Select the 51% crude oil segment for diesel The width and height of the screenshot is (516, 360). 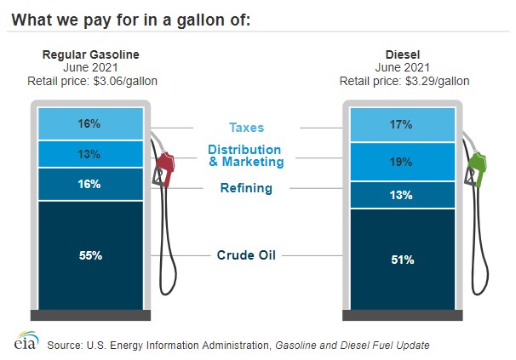click(x=401, y=260)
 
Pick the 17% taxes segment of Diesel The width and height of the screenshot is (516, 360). click(x=401, y=125)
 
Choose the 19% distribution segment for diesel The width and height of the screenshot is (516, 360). click(x=401, y=162)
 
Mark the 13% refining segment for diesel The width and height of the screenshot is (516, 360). click(x=401, y=195)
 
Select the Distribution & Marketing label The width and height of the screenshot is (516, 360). click(x=246, y=157)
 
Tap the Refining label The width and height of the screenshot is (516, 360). click(x=245, y=188)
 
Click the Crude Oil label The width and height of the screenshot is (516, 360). click(x=245, y=254)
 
